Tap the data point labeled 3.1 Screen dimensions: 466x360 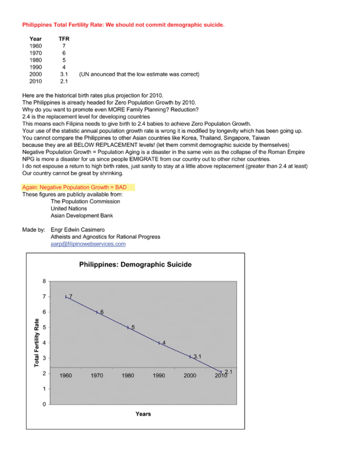click(190, 356)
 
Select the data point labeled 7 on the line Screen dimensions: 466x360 click(66, 296)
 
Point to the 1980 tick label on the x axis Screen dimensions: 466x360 click(128, 376)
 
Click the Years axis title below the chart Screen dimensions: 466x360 click(143, 414)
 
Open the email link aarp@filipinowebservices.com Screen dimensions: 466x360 click(88, 245)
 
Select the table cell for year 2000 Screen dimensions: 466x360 click(36, 75)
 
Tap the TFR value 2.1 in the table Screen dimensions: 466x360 click(65, 82)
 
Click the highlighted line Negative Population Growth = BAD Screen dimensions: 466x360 click(78, 188)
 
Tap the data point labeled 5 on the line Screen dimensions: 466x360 click(128, 327)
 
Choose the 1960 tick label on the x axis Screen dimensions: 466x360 click(66, 376)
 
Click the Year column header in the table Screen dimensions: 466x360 click(36, 38)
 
